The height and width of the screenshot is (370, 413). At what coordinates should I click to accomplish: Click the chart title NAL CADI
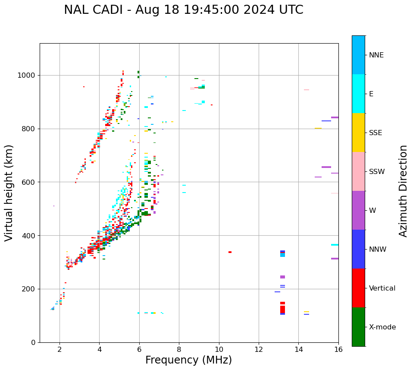pyautogui.click(x=183, y=10)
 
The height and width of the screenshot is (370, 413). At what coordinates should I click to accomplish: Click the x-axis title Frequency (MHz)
pyautogui.click(x=188, y=360)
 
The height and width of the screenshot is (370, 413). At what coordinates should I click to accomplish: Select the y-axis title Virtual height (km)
pyautogui.click(x=9, y=193)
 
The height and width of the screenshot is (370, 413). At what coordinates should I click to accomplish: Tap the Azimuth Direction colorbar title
pyautogui.click(x=403, y=191)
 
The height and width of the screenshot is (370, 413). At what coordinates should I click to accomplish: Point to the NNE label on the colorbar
pyautogui.click(x=376, y=55)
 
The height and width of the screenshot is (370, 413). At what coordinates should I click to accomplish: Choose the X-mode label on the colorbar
pyautogui.click(x=382, y=327)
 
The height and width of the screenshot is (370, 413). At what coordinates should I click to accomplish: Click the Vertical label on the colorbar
pyautogui.click(x=382, y=288)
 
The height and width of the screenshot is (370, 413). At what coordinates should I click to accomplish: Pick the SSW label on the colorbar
pyautogui.click(x=377, y=172)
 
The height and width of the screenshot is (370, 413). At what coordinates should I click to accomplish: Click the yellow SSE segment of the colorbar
pyautogui.click(x=358, y=133)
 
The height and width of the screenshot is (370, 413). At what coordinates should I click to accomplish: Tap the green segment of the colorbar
pyautogui.click(x=358, y=327)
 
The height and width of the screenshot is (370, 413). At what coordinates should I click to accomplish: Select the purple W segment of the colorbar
pyautogui.click(x=358, y=210)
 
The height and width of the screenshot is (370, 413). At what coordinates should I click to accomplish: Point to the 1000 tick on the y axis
pyautogui.click(x=28, y=75)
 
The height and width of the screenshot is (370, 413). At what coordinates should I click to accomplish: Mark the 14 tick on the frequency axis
pyautogui.click(x=298, y=348)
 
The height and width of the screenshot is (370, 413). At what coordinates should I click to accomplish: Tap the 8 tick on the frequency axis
pyautogui.click(x=179, y=348)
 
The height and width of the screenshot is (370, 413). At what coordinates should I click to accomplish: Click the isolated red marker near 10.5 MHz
pyautogui.click(x=230, y=252)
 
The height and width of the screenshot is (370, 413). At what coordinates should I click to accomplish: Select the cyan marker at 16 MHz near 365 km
pyautogui.click(x=335, y=245)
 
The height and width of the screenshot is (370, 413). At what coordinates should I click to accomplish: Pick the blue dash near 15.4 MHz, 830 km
pyautogui.click(x=326, y=121)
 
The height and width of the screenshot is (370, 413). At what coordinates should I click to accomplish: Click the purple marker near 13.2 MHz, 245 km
pyautogui.click(x=282, y=277)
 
